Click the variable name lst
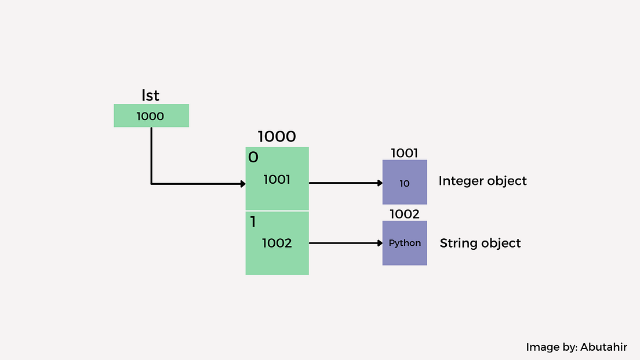tap(150, 95)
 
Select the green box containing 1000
tap(151, 116)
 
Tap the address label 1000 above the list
tap(277, 137)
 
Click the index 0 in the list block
tap(253, 157)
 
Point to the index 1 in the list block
tap(253, 221)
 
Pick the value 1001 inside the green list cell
tap(277, 180)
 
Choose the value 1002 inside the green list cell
tap(277, 243)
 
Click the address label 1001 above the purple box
tap(405, 153)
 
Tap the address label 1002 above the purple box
tap(405, 214)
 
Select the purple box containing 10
tap(405, 183)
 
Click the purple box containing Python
tap(405, 243)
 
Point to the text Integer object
tap(482, 181)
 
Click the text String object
tap(480, 243)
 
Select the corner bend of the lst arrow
tap(151, 184)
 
